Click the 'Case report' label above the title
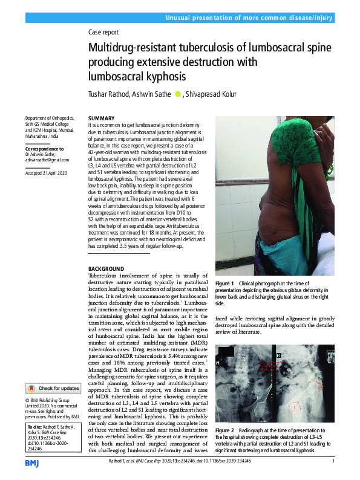tap(103, 33)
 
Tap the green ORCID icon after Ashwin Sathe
tap(177, 94)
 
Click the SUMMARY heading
tap(101, 118)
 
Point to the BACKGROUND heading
tap(106, 268)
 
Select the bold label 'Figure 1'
tap(224, 284)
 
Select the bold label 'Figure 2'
tap(224, 443)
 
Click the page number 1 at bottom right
tap(333, 461)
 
